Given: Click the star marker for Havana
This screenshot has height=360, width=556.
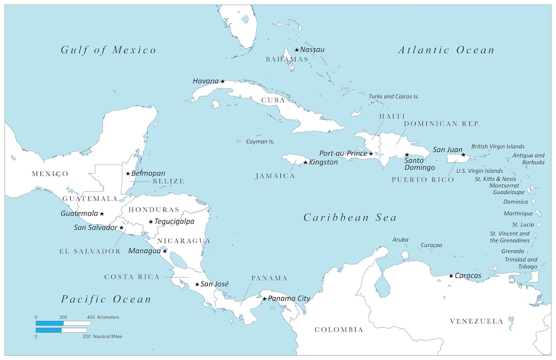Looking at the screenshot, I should [x=222, y=81].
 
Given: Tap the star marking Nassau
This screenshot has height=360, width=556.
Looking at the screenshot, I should [x=297, y=50].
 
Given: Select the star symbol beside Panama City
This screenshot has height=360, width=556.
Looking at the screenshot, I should [x=264, y=299].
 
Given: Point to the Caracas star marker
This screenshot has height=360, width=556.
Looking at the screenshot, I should [x=451, y=276].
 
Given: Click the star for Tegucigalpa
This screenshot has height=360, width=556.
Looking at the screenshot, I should [x=151, y=222].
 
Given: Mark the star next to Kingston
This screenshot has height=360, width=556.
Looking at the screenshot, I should [x=305, y=162].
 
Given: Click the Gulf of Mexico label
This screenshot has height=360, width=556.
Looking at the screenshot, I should [x=108, y=50].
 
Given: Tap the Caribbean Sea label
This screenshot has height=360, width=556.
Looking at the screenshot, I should [x=350, y=218].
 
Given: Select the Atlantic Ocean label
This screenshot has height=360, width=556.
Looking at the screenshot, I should [x=446, y=50].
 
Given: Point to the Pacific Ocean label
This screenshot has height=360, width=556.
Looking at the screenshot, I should [x=106, y=299].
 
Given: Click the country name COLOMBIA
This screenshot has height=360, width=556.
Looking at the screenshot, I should [x=338, y=330].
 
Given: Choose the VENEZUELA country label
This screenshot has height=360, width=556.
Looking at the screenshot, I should [x=476, y=321].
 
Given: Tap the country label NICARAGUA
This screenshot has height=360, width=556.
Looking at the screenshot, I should [x=183, y=241].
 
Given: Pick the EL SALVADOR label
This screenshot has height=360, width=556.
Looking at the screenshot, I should [x=90, y=251].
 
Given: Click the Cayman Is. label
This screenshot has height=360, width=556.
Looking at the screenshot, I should [x=259, y=141].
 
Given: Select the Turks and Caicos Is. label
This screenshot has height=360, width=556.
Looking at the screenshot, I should [x=394, y=97].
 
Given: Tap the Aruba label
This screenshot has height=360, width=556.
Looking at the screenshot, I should [x=400, y=240].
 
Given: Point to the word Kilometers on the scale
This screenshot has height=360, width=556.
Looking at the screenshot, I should [x=108, y=318].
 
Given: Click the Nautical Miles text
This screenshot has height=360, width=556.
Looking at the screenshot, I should [x=108, y=337].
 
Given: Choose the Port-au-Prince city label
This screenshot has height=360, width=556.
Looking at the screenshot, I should [x=343, y=154].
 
